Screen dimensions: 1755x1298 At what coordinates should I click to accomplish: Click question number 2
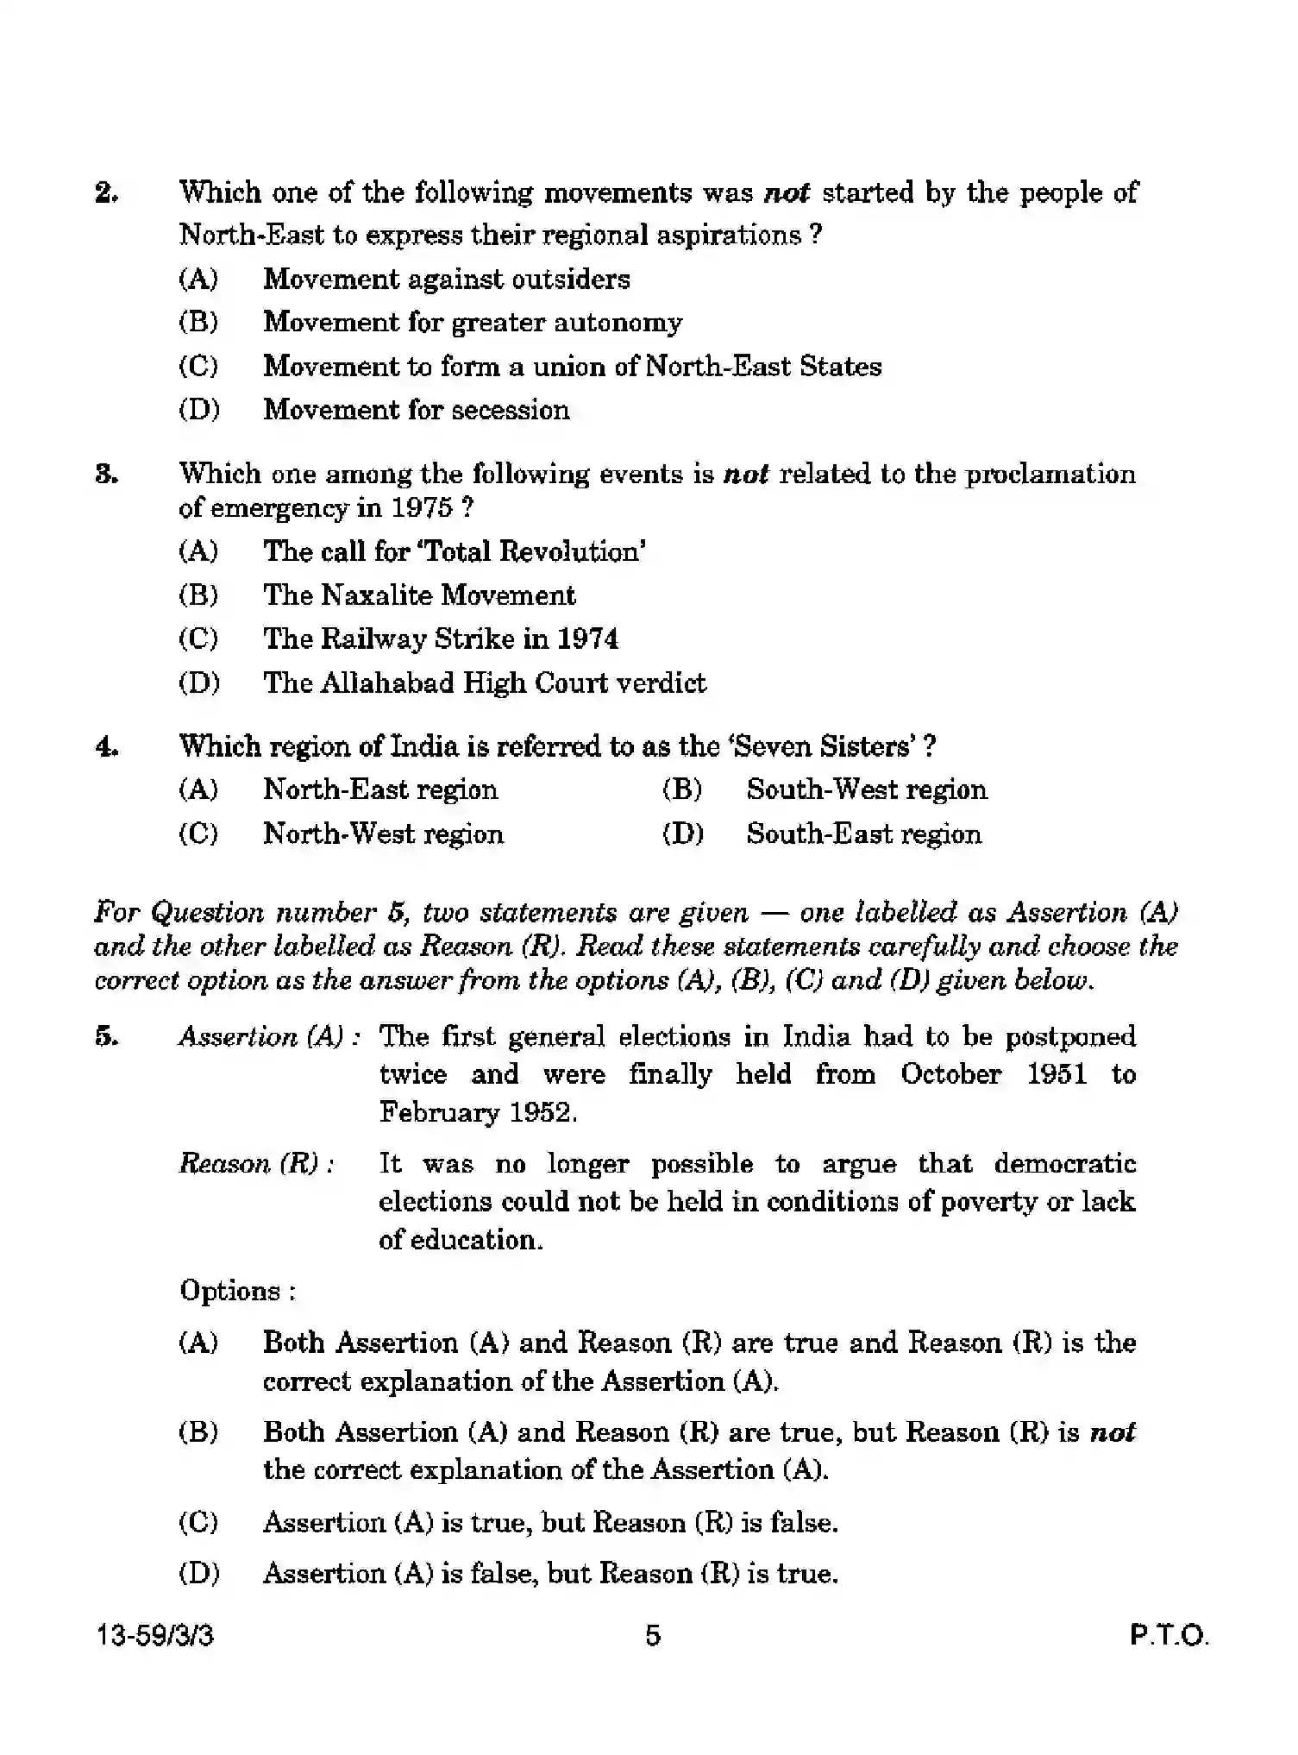point(106,193)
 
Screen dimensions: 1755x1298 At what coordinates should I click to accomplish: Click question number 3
point(106,475)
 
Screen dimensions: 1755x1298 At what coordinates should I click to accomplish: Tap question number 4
point(106,747)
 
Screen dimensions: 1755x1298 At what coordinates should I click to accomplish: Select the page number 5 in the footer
point(653,1635)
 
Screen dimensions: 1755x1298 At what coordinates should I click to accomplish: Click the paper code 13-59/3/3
point(155,1636)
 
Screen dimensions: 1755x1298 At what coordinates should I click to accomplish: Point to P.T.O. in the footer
point(1169,1636)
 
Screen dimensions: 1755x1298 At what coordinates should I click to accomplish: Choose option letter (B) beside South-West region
point(681,790)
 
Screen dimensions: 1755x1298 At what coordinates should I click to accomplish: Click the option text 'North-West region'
point(383,834)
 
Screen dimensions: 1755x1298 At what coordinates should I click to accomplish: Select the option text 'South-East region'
point(863,834)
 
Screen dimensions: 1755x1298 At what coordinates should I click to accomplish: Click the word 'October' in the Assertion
point(950,1075)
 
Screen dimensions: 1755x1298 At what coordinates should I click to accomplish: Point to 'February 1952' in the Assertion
point(477,1113)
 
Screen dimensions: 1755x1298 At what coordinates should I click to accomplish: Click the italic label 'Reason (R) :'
point(257,1165)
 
